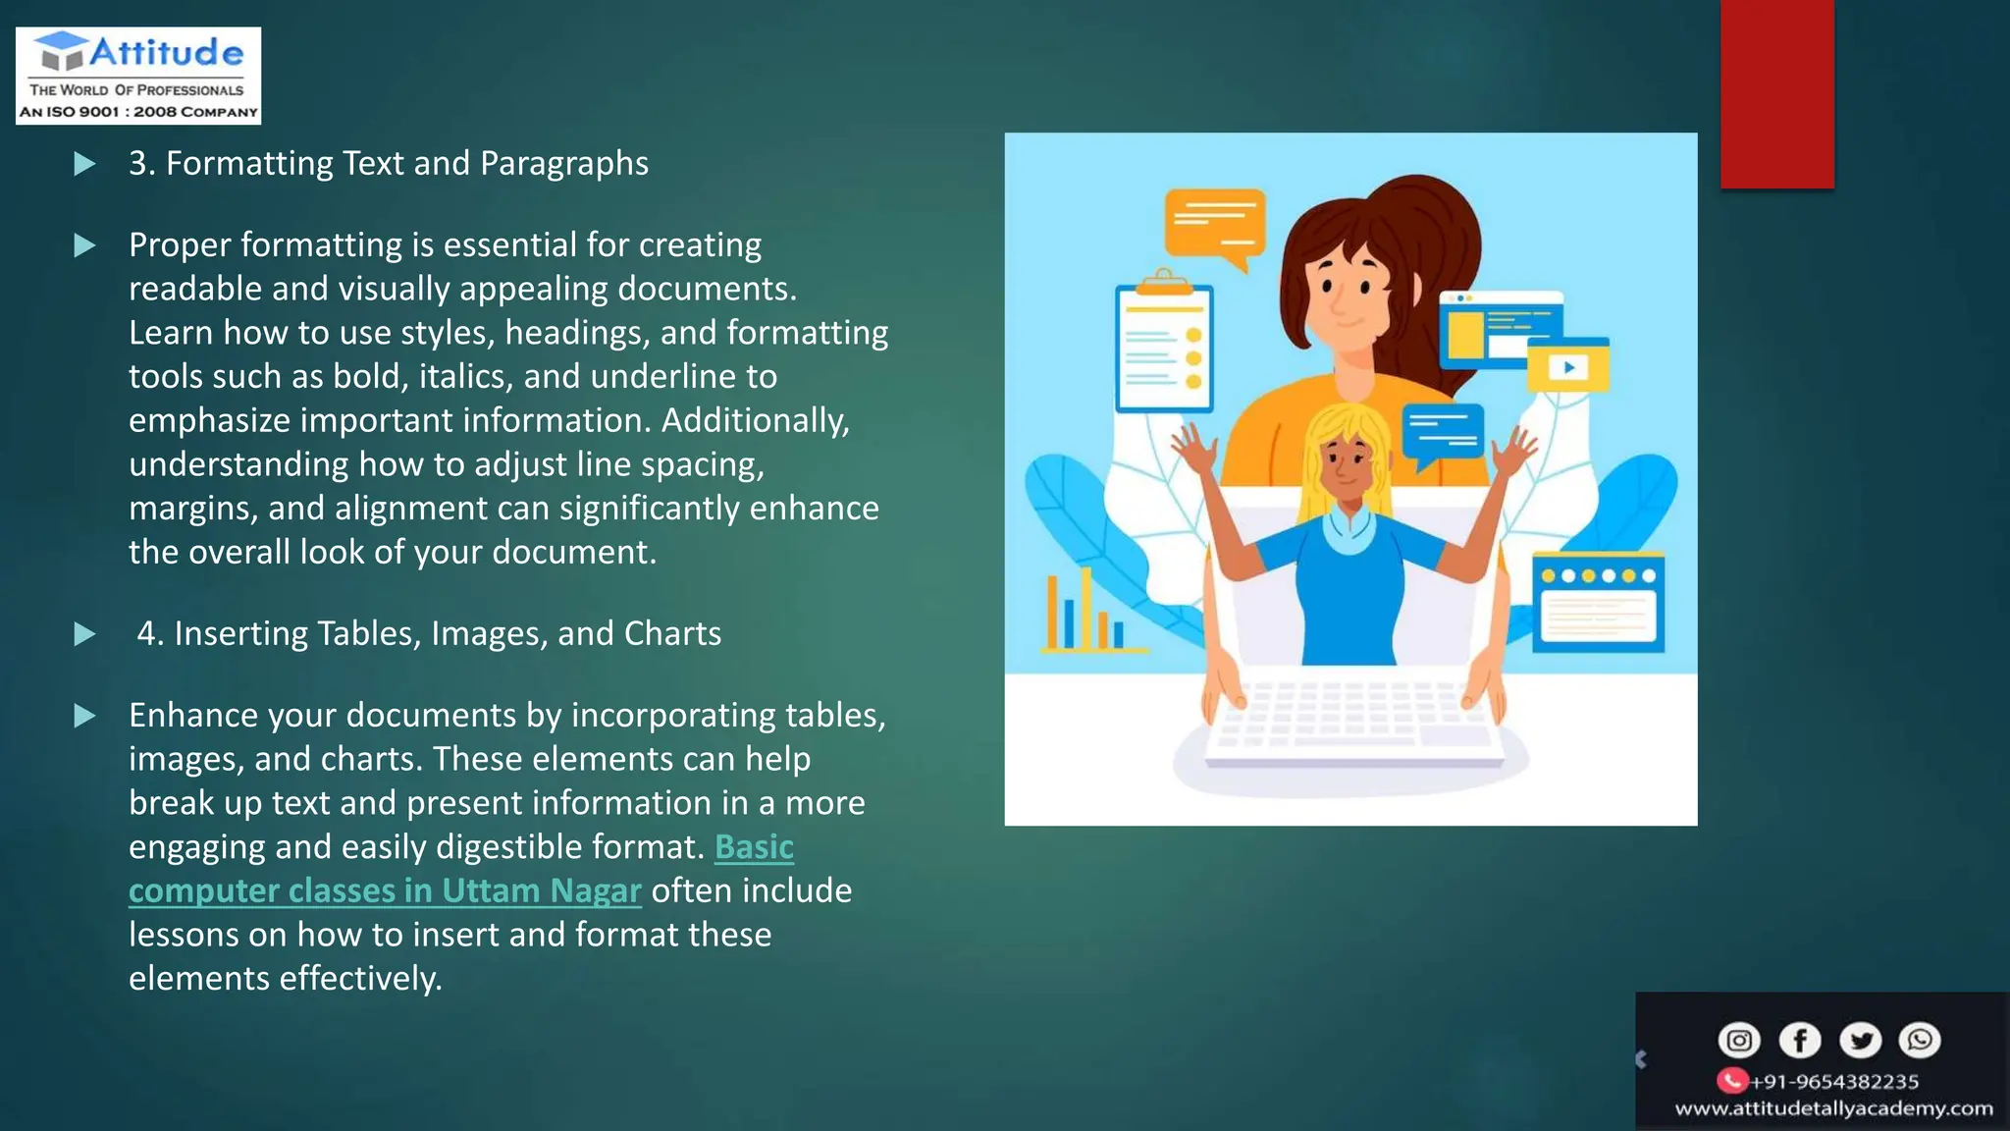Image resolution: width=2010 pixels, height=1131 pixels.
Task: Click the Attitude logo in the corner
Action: tap(138, 76)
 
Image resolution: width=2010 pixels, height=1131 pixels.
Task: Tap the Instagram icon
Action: tap(1738, 1040)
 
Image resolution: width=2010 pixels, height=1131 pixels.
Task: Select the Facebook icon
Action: tap(1799, 1040)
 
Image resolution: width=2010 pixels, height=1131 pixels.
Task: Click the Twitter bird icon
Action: tap(1860, 1040)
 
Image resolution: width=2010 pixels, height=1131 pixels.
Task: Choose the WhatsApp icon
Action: tap(1920, 1040)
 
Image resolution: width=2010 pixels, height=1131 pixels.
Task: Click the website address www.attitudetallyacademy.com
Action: tap(1833, 1108)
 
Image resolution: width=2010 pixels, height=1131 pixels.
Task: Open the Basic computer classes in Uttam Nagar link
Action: tap(385, 890)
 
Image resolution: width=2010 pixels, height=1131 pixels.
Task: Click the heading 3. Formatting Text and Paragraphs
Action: tap(389, 163)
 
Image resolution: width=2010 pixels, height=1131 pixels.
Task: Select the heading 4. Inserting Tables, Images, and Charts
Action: tap(429, 633)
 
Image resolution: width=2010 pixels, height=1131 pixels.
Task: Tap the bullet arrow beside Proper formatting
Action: tap(85, 245)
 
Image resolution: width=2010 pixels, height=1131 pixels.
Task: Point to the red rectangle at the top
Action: tap(1776, 93)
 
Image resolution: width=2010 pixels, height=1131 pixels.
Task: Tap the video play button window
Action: tap(1568, 366)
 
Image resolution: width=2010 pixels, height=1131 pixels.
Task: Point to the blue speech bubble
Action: tap(1442, 432)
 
